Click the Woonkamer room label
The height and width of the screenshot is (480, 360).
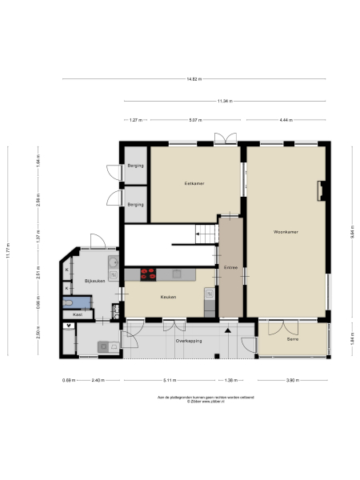click(286, 232)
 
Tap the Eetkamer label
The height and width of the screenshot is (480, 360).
click(194, 184)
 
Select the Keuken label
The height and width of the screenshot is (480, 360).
click(168, 297)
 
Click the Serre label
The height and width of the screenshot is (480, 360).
click(293, 341)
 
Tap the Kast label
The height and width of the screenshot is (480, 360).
click(77, 315)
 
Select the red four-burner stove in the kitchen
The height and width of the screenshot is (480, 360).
click(149, 274)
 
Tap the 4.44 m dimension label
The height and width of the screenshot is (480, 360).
click(286, 120)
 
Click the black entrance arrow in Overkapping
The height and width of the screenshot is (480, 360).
click(227, 329)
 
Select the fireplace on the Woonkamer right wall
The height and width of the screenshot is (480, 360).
click(320, 190)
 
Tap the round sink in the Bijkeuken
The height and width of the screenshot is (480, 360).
click(114, 262)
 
